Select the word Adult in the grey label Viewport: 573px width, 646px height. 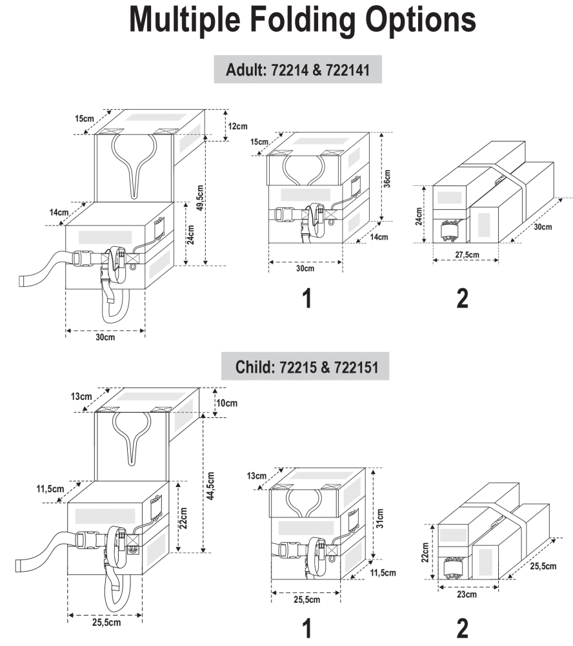[241, 70]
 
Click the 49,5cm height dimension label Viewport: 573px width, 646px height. [201, 200]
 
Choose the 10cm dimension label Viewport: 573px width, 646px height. [226, 403]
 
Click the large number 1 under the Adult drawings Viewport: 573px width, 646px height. [307, 298]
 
